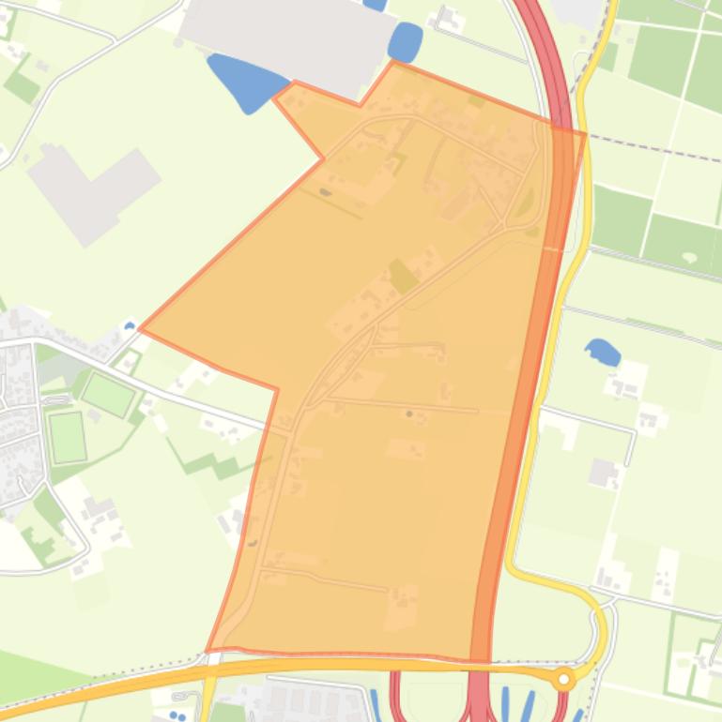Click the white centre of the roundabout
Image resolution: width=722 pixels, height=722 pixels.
click(x=563, y=680)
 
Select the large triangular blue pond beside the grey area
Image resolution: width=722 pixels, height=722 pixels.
click(x=247, y=83)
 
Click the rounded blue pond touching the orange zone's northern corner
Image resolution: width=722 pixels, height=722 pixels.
click(x=405, y=42)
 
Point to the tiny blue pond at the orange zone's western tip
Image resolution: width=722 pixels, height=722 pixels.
click(x=129, y=327)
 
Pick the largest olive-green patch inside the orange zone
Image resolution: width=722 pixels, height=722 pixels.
click(x=404, y=276)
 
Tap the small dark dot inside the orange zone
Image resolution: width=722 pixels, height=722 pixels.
click(x=408, y=413)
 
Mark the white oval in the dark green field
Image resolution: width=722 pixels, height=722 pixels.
click(x=690, y=257)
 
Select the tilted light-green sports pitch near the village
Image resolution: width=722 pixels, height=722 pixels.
click(x=108, y=394)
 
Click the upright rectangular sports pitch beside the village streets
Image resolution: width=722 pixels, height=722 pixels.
click(x=68, y=437)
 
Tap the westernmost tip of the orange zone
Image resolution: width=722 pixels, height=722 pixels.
click(x=141, y=329)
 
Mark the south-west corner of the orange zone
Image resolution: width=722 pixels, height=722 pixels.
click(x=208, y=650)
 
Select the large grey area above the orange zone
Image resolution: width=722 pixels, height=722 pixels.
click(x=291, y=38)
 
